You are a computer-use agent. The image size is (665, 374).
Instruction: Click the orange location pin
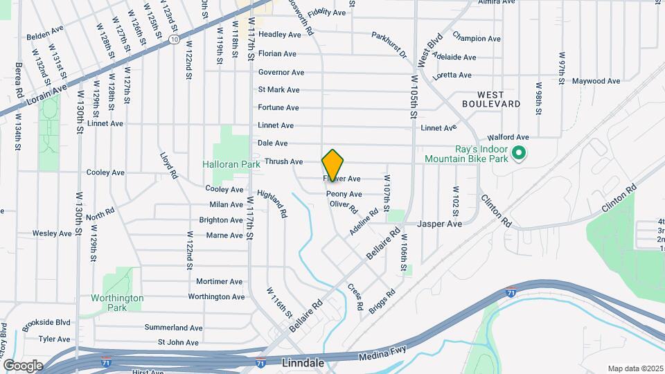point(333,165)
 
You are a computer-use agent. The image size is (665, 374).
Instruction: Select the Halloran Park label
point(231,164)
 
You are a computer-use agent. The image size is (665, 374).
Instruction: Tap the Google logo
point(22,365)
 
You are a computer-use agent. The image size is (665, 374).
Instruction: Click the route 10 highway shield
point(174,40)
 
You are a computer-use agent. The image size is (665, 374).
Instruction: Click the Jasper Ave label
point(439,224)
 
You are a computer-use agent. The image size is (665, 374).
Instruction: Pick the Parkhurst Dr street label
point(389,44)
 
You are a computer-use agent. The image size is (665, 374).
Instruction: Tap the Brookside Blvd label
point(46,322)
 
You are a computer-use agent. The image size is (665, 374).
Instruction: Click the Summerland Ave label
point(173,327)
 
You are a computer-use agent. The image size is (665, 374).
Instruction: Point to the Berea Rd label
point(20,81)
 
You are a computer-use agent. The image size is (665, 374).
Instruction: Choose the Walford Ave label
point(508,137)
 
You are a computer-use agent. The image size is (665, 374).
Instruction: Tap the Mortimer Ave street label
point(219,281)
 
